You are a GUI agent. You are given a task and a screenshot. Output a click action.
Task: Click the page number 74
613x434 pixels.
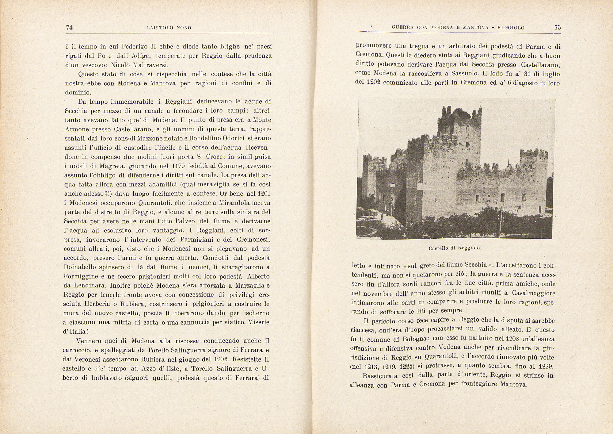point(69,27)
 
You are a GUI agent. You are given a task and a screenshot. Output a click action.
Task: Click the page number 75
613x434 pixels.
point(558,27)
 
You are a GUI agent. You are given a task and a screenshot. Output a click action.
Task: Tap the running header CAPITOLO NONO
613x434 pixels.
point(169,28)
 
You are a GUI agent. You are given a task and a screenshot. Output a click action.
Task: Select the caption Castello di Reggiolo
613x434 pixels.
point(454,248)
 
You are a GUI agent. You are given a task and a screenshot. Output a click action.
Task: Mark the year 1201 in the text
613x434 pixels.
point(264,194)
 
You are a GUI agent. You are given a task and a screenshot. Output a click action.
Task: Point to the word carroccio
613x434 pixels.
point(76,350)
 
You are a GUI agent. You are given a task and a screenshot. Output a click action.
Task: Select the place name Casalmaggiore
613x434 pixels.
point(534,293)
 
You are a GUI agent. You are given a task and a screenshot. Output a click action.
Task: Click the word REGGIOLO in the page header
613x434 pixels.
point(511,28)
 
